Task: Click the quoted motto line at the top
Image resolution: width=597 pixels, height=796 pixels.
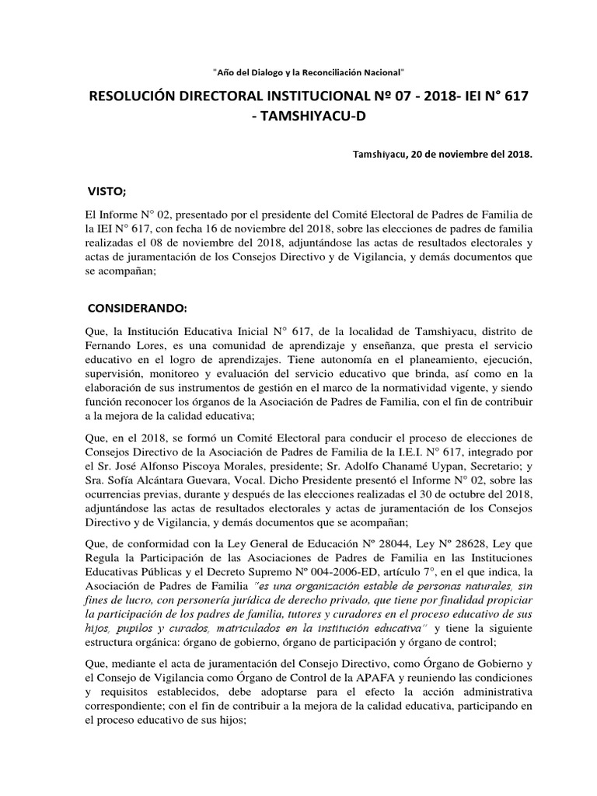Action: (x=309, y=72)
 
